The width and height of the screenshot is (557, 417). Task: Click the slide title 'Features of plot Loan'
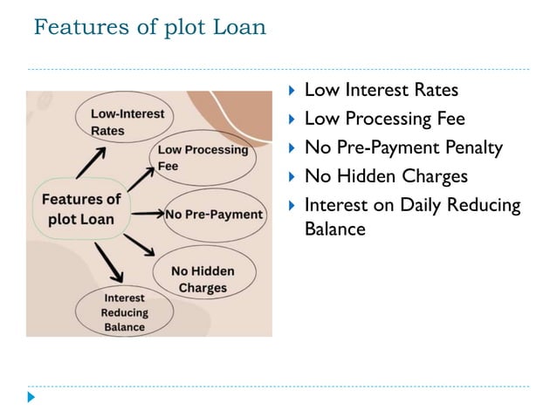point(149,28)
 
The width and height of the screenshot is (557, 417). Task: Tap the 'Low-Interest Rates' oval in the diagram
point(120,122)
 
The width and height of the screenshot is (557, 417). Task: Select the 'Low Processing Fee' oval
point(203,157)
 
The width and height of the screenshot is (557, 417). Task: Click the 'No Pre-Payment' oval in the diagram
point(214,215)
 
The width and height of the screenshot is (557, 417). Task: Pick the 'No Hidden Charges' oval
point(203,279)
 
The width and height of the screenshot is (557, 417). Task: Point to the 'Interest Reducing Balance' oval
point(124,311)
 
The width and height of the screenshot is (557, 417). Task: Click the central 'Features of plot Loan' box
point(81,210)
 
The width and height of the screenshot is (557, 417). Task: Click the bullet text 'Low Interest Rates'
point(381,91)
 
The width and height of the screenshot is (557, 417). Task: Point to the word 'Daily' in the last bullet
point(421,206)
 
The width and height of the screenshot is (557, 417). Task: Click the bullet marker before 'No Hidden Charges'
point(292,177)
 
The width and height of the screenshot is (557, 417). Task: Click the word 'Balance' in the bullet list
point(334,229)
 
